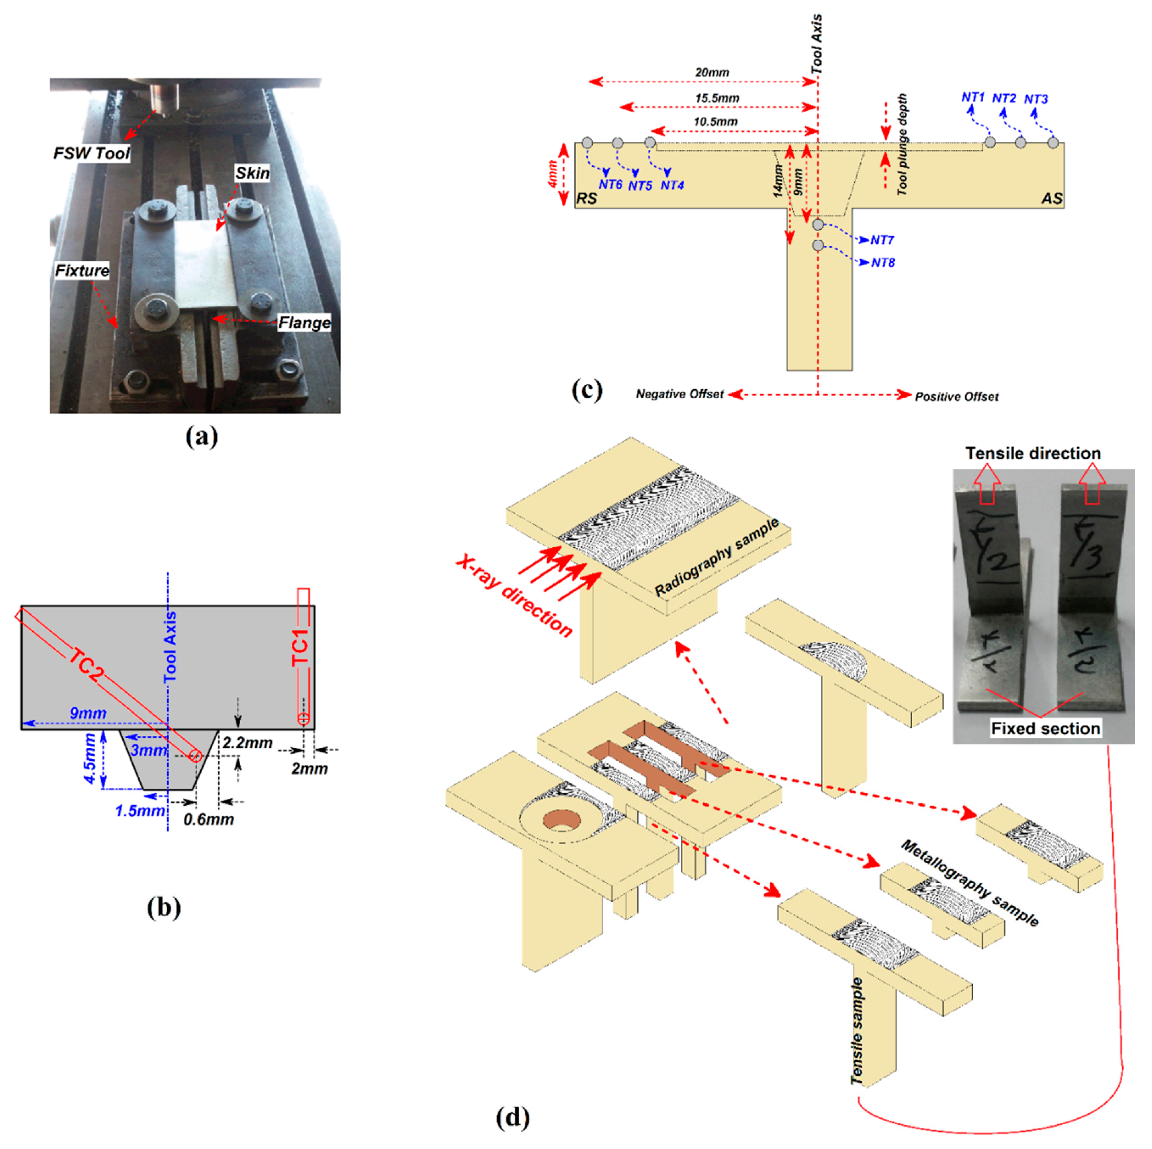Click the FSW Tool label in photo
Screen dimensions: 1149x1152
coord(91,154)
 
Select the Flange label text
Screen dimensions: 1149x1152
coord(304,323)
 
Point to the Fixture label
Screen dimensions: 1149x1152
coord(82,271)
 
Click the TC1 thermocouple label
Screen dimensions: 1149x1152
coord(301,647)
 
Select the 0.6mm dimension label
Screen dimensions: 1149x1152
coord(209,819)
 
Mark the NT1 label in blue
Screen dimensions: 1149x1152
coord(973,97)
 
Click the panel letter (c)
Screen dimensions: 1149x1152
coord(587,390)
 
